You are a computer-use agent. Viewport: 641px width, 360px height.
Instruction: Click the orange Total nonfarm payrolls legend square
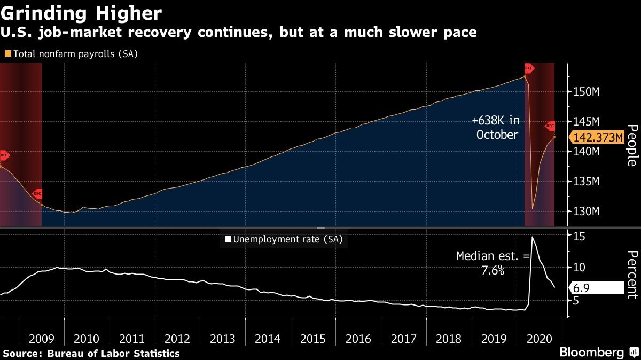(7, 54)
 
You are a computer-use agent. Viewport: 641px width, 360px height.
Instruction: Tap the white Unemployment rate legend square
(228, 239)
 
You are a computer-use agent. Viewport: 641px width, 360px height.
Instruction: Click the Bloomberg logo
(591, 353)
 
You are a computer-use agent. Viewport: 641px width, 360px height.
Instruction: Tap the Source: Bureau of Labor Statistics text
(91, 354)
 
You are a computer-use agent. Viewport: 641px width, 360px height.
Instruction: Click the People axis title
(632, 145)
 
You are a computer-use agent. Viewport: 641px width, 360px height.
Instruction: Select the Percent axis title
(632, 274)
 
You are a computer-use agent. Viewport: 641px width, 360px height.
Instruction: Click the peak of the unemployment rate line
(532, 237)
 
